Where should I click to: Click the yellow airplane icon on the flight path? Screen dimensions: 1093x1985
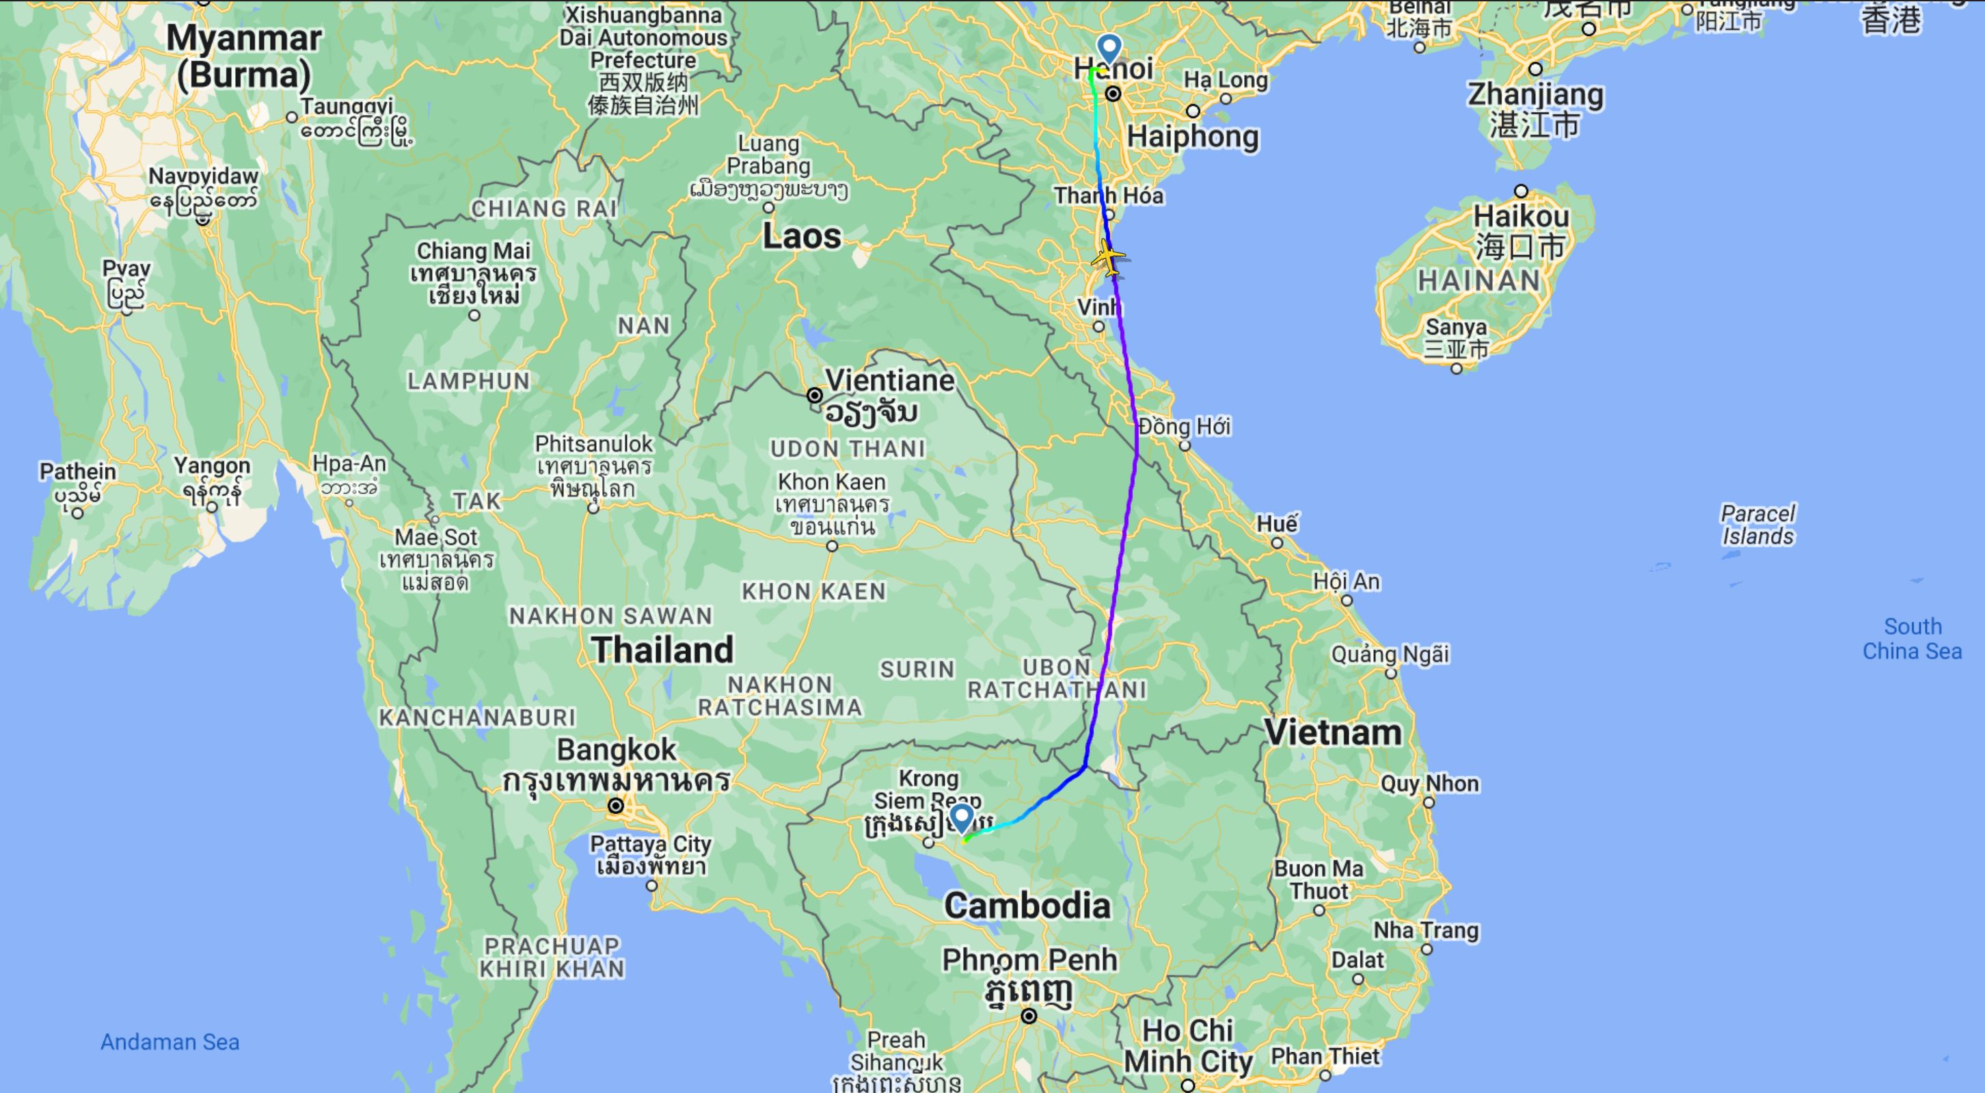[1108, 257]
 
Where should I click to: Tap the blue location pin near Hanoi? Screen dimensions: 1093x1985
[1109, 48]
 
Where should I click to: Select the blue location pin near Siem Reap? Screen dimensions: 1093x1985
[961, 818]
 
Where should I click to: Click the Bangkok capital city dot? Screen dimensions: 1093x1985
[616, 806]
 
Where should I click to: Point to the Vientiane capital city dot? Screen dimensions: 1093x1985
[815, 395]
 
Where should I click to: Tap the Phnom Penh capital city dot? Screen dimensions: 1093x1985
[1029, 1016]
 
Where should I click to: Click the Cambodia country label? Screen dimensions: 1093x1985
[1027, 905]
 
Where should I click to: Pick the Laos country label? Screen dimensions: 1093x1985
[801, 236]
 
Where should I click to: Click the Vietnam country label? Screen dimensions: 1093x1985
[1333, 733]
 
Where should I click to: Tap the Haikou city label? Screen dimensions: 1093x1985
[1521, 217]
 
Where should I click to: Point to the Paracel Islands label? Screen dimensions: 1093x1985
[1757, 524]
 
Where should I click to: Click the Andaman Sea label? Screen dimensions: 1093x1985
[170, 1042]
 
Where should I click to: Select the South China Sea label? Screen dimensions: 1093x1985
[1912, 638]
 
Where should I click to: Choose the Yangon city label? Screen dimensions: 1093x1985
[212, 466]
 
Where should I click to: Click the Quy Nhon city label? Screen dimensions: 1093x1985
[1429, 784]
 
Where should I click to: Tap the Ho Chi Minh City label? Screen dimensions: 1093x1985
[1188, 1046]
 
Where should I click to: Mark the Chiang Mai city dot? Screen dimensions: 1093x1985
[474, 315]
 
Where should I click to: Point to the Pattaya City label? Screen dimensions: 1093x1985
[651, 845]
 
